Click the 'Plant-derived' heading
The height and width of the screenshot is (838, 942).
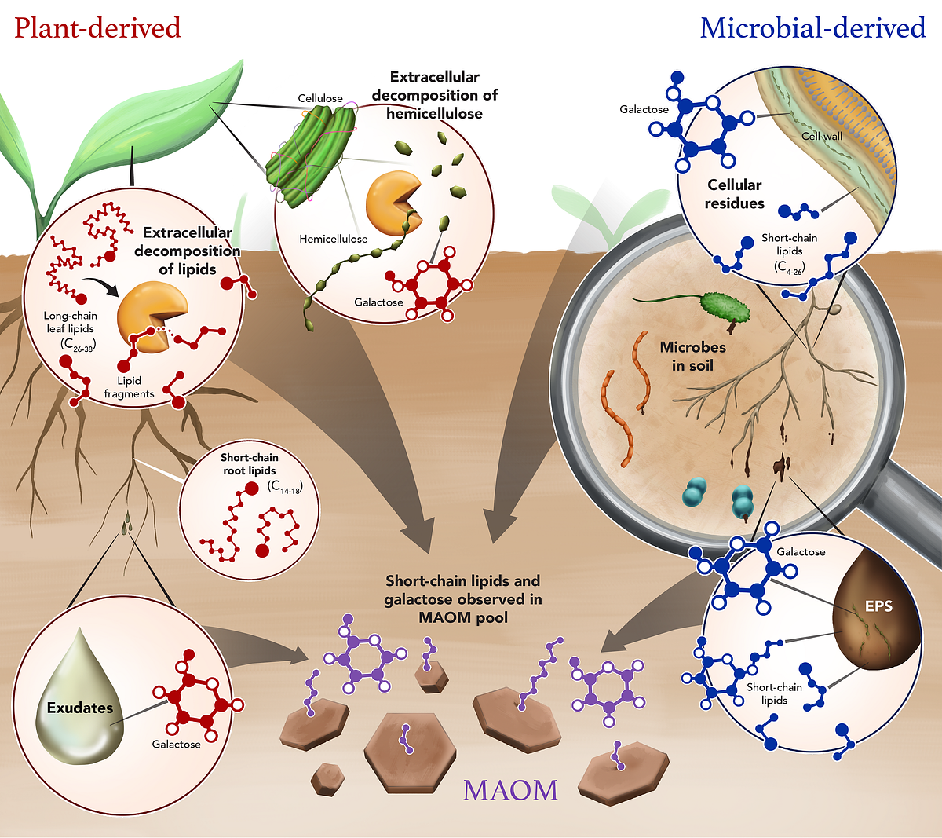coord(97,28)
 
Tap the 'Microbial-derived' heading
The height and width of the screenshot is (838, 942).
coord(812,28)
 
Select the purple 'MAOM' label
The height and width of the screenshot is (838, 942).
coord(510,789)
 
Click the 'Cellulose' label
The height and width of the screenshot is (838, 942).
coord(320,98)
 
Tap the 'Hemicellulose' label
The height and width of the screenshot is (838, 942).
coord(333,239)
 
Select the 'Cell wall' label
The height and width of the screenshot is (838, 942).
coord(821,136)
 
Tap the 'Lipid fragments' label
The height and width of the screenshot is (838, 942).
coord(129,387)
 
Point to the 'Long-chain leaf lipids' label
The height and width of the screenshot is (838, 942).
coord(71,328)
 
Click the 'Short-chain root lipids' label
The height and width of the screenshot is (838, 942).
coord(250,463)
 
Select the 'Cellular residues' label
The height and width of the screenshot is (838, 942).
coord(734,194)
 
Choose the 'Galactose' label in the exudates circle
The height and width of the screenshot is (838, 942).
coord(176,744)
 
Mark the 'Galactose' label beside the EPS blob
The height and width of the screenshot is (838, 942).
coord(801,552)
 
